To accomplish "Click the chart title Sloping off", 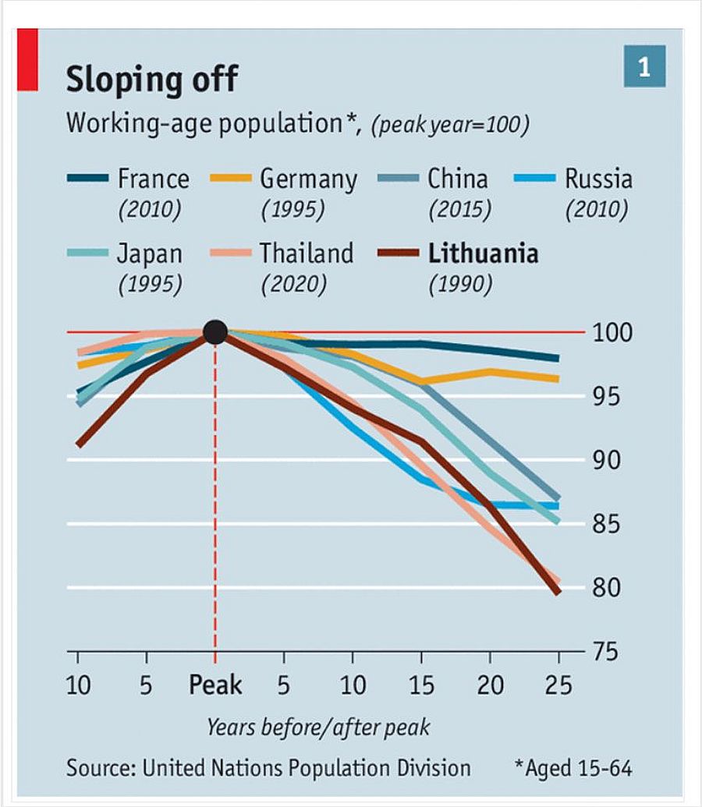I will (151, 79).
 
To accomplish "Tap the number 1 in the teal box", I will (644, 67).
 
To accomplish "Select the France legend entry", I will (153, 179).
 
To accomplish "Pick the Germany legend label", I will (308, 179).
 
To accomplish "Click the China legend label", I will (457, 179).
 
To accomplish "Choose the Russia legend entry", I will (598, 179).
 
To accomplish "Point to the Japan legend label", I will (150, 253).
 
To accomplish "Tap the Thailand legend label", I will (307, 253).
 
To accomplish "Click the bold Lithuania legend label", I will (483, 253).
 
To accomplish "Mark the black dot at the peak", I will (214, 332).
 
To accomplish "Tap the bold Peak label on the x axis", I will (215, 685).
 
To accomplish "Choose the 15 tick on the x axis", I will (422, 685).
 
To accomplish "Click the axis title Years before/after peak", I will (318, 727).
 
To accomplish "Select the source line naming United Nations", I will (268, 768).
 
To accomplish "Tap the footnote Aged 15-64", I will (573, 768).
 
